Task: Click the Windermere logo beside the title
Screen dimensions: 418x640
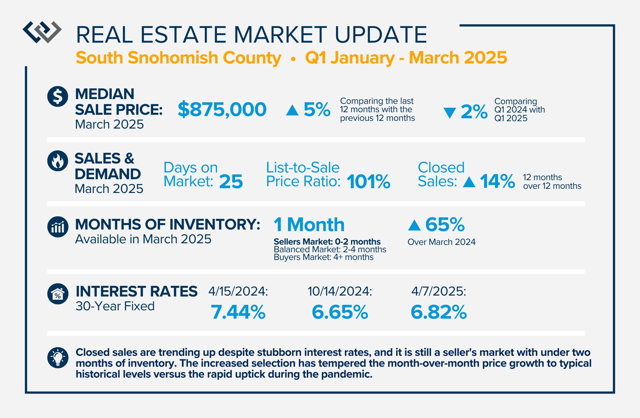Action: pyautogui.click(x=42, y=32)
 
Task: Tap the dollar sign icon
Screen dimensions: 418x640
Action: pyautogui.click(x=58, y=96)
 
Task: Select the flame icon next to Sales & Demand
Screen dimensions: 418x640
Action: pyautogui.click(x=58, y=161)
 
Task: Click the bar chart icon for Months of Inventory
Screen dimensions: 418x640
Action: pyautogui.click(x=58, y=227)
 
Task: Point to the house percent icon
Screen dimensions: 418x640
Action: pyautogui.click(x=58, y=294)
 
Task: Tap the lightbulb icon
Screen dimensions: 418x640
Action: pyautogui.click(x=58, y=358)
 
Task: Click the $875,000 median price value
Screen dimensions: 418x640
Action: pyautogui.click(x=222, y=109)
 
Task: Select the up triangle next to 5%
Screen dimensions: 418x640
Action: pyautogui.click(x=292, y=110)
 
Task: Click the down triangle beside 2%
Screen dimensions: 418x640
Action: pyautogui.click(x=450, y=113)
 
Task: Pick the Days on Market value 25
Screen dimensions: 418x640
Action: pyautogui.click(x=231, y=182)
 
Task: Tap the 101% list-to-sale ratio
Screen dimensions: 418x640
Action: pyautogui.click(x=369, y=182)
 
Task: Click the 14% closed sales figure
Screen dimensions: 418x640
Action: pyautogui.click(x=497, y=181)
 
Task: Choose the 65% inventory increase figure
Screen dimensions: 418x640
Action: pyautogui.click(x=445, y=224)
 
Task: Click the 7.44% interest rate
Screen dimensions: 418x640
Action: pyautogui.click(x=238, y=312)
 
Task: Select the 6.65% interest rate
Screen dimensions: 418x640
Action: pyautogui.click(x=340, y=312)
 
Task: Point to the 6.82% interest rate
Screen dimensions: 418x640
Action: pyautogui.click(x=439, y=312)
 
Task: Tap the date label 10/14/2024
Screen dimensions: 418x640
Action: pyautogui.click(x=340, y=291)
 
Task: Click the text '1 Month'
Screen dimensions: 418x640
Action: pyautogui.click(x=309, y=224)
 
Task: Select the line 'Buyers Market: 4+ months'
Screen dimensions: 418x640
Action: pyautogui.click(x=324, y=257)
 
